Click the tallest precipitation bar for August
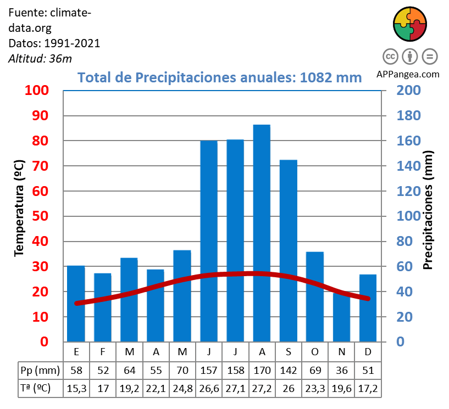tap(262, 233)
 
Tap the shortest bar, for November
tap(342, 318)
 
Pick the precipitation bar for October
tap(315, 296)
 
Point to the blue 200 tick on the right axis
tap(409, 91)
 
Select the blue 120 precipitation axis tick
tap(409, 191)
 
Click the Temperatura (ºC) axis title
tap(19, 208)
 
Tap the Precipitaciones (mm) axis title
tap(429, 210)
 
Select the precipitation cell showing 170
tap(262, 369)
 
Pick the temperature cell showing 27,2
tap(262, 388)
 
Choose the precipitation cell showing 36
tap(342, 369)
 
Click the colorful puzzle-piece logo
tap(410, 24)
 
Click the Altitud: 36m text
tap(40, 58)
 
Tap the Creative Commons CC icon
tap(390, 56)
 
